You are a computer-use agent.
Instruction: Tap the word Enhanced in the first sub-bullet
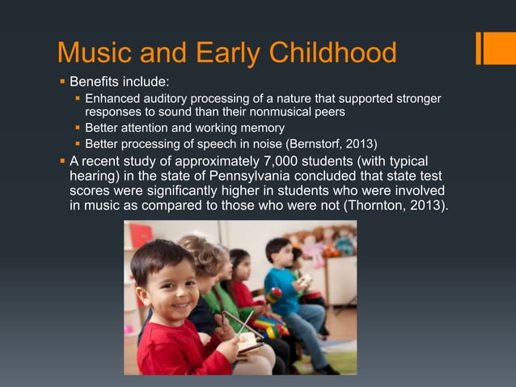coord(112,99)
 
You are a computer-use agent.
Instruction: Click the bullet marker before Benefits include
coord(62,82)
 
